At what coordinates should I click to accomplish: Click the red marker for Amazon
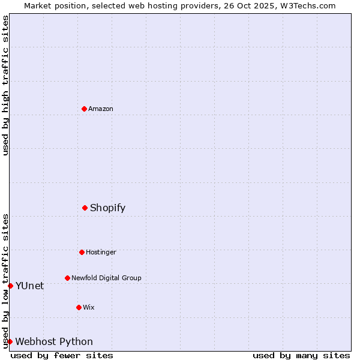pyautogui.click(x=84, y=109)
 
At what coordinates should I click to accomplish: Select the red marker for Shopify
pyautogui.click(x=85, y=208)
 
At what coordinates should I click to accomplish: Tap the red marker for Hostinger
pyautogui.click(x=82, y=252)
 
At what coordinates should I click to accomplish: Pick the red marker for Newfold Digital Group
pyautogui.click(x=67, y=278)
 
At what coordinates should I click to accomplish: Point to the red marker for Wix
pyautogui.click(x=79, y=307)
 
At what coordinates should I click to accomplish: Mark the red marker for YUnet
pyautogui.click(x=10, y=286)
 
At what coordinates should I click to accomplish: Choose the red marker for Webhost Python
pyautogui.click(x=10, y=341)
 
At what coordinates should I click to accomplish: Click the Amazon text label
pyautogui.click(x=101, y=109)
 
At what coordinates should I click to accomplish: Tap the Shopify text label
pyautogui.click(x=108, y=208)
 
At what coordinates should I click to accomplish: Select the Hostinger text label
pyautogui.click(x=101, y=252)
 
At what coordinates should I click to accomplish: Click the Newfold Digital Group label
pyautogui.click(x=106, y=278)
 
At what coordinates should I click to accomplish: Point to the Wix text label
pyautogui.click(x=89, y=307)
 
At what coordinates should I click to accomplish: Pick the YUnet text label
pyautogui.click(x=29, y=286)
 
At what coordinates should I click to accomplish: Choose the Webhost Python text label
pyautogui.click(x=54, y=341)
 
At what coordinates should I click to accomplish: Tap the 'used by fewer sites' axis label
pyautogui.click(x=62, y=355)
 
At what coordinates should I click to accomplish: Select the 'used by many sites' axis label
pyautogui.click(x=301, y=355)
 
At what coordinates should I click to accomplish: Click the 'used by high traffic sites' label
pyautogui.click(x=5, y=85)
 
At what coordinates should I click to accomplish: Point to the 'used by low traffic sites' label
pyautogui.click(x=5, y=280)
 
